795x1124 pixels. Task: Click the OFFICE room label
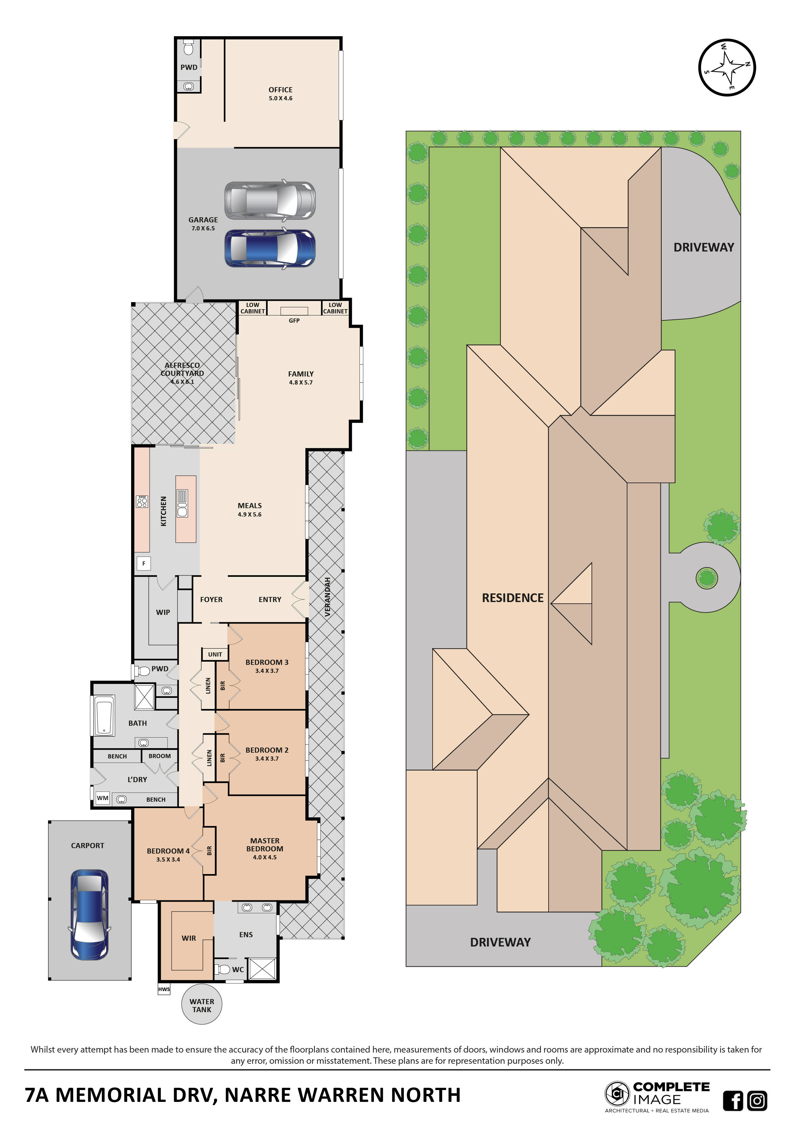pyautogui.click(x=280, y=90)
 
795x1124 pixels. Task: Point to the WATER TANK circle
pyautogui.click(x=202, y=1005)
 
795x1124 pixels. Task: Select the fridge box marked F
pyautogui.click(x=144, y=564)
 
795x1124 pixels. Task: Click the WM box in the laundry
pyautogui.click(x=102, y=798)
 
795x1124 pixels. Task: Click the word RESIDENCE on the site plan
pyautogui.click(x=513, y=598)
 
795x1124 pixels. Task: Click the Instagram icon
pyautogui.click(x=757, y=1101)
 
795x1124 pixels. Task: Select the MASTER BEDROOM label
pyautogui.click(x=264, y=845)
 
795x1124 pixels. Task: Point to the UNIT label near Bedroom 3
pyautogui.click(x=215, y=654)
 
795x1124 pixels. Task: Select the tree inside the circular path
pyautogui.click(x=706, y=578)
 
